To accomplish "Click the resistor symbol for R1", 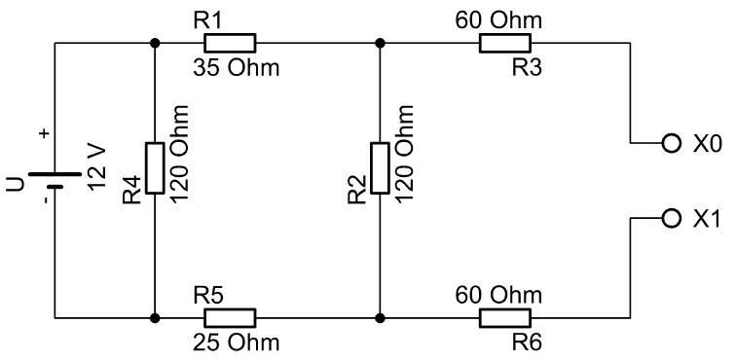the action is coord(230,43).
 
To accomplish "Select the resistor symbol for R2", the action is coord(381,168).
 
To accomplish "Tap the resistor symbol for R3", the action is coord(505,43).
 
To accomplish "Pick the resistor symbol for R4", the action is coord(155,168).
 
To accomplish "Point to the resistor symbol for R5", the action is coord(230,318).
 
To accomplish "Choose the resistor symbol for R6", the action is coord(505,318).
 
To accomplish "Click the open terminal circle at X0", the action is coord(671,143).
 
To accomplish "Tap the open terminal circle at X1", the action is coord(671,218).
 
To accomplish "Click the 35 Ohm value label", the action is coord(237,68).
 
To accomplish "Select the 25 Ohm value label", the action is coord(237,343).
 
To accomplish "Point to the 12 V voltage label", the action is coord(97,169).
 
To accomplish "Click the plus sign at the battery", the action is coord(45,133).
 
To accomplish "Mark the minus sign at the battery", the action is coord(45,200).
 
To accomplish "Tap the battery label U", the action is coord(15,185).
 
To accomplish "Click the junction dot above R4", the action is coord(155,43).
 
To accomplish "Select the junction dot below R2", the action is coord(381,318).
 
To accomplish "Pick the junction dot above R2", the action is coord(381,43).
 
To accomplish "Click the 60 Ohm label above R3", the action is coord(498,20).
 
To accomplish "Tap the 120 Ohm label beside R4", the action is coord(179,154).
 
